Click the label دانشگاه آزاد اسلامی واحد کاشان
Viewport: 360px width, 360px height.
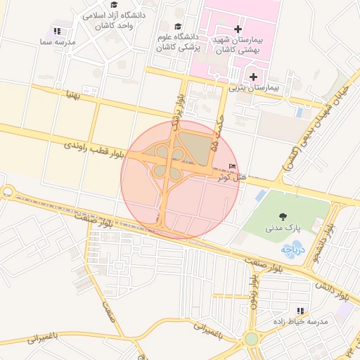point(113,19)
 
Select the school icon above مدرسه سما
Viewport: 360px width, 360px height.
point(57,32)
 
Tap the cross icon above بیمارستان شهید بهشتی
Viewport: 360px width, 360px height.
point(238,30)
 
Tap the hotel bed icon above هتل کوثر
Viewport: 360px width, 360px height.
point(233,166)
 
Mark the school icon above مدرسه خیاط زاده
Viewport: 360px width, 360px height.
point(300,311)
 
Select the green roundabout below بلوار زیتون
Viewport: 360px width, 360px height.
point(252,339)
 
